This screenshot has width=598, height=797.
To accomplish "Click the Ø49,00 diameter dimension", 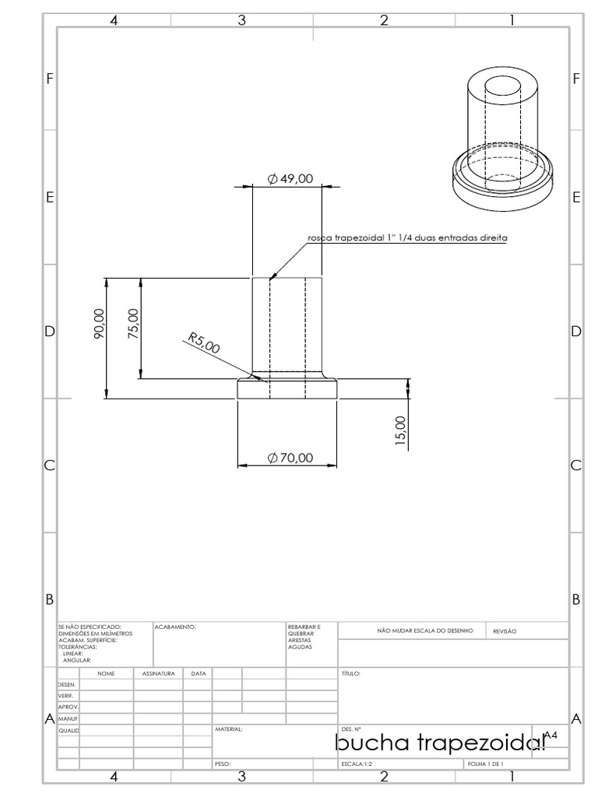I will [290, 179].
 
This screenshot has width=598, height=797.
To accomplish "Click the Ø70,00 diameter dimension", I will [290, 458].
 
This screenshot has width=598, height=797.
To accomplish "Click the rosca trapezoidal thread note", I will [407, 237].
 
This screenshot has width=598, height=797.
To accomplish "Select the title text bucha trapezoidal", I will [440, 744].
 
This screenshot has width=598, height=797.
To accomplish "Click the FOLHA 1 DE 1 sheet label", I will [486, 765].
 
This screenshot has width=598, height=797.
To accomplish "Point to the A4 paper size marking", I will [551, 735].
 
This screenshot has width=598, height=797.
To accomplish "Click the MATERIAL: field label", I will [229, 730].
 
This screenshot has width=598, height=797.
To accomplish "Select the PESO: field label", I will [223, 765].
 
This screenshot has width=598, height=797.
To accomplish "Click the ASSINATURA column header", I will [158, 673].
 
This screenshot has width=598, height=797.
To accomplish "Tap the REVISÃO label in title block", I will [505, 632].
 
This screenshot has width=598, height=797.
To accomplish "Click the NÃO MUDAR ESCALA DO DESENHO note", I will [424, 631].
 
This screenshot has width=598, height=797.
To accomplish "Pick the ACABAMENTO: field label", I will [175, 626].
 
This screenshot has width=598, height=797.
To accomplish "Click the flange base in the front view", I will [287, 389].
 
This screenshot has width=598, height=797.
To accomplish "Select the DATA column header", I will [199, 673].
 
